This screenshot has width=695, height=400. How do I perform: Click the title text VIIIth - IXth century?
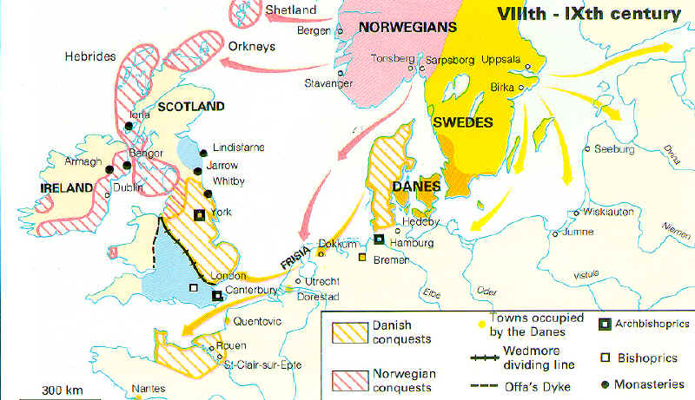587,14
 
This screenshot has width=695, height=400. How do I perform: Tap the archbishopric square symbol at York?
199,214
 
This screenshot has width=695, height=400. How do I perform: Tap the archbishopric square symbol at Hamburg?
379,239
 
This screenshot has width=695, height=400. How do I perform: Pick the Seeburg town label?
616,148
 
